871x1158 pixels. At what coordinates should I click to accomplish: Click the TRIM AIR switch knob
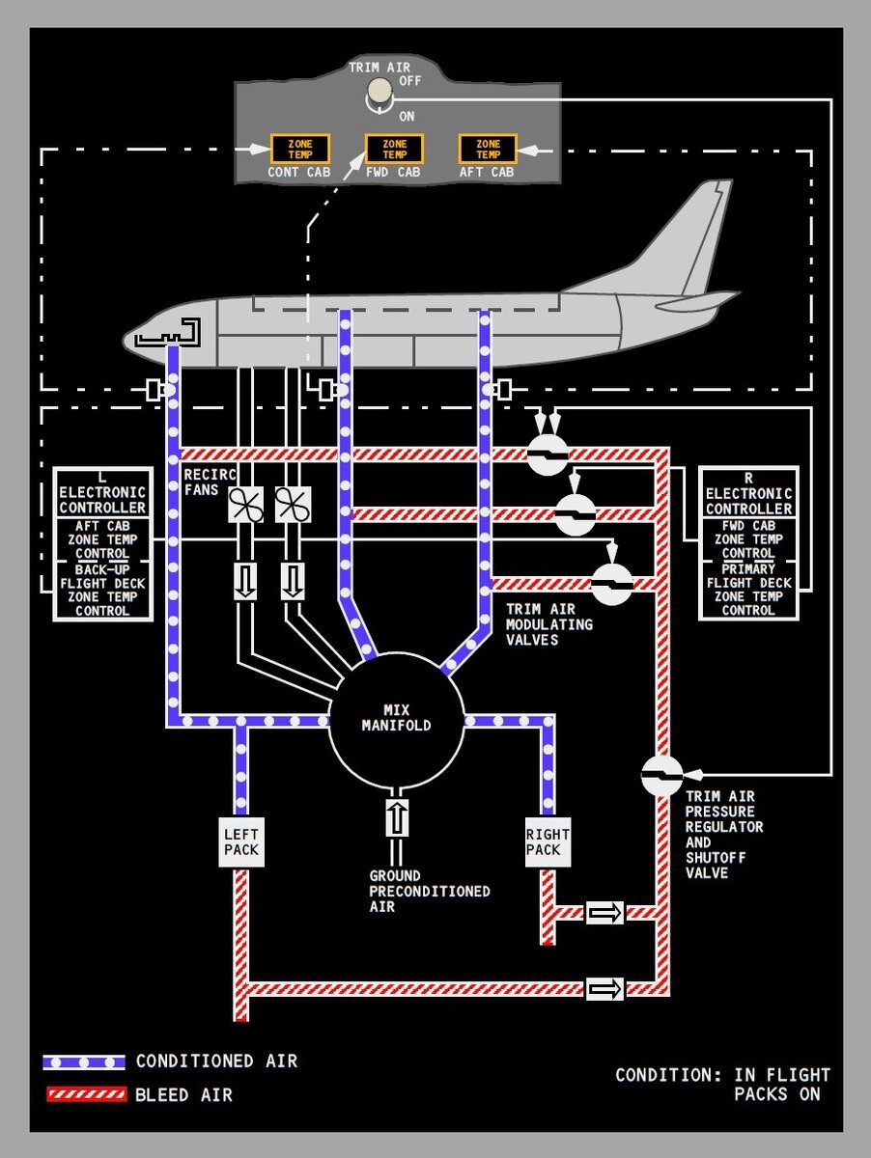click(380, 92)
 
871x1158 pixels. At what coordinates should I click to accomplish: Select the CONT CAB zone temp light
click(299, 149)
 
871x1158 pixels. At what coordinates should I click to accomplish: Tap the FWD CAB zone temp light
click(394, 149)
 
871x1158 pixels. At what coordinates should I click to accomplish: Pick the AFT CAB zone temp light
click(488, 149)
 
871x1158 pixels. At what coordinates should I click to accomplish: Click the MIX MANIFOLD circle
click(396, 719)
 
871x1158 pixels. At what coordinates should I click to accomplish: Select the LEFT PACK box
click(240, 841)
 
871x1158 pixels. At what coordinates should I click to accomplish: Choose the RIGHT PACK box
click(548, 841)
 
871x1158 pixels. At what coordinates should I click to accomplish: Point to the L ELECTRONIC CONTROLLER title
click(102, 493)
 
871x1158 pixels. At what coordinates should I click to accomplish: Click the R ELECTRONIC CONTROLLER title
click(748, 493)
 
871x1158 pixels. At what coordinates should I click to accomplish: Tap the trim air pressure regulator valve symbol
click(662, 775)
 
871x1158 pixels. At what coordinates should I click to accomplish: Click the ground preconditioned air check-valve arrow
click(397, 817)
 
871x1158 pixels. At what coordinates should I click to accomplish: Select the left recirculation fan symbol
click(245, 505)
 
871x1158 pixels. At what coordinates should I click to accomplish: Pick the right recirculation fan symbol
click(293, 505)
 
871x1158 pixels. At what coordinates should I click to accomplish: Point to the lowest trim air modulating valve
click(611, 584)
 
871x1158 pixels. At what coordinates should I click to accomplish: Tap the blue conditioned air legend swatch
click(84, 1061)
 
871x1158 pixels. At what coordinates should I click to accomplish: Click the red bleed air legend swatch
click(84, 1094)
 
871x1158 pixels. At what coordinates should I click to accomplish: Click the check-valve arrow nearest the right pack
click(605, 912)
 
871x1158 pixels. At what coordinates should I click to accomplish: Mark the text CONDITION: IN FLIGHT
click(722, 1074)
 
